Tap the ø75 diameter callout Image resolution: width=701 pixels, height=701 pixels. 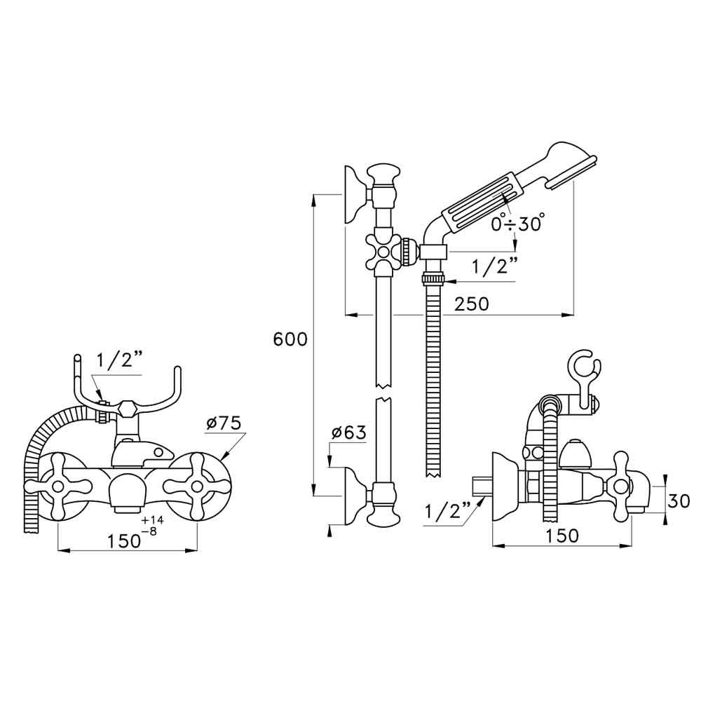pyautogui.click(x=224, y=423)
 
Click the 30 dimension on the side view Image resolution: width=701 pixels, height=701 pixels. pyautogui.click(x=678, y=501)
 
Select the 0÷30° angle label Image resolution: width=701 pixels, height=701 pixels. pyautogui.click(x=517, y=224)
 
